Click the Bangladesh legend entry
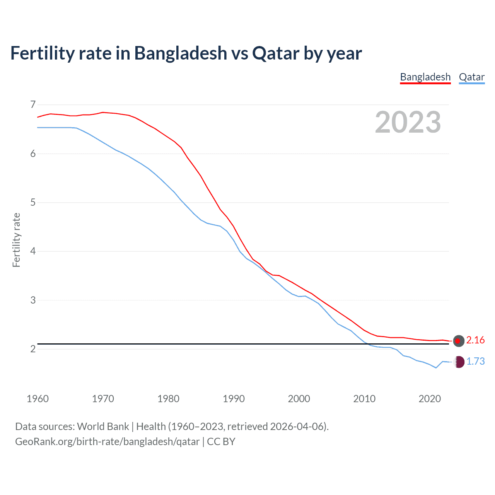425,77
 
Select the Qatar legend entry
471,77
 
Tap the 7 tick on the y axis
32,104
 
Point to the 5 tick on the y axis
32,202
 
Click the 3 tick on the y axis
32,300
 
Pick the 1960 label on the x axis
38,399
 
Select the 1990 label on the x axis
234,399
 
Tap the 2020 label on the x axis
430,399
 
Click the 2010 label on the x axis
364,399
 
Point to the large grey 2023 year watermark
408,122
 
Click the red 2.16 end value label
475,340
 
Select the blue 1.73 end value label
475,361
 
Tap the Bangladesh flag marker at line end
459,341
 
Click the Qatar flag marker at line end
459,362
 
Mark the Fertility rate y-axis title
16,240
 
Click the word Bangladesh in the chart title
181,53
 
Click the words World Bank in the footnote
103,427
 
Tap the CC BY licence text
221,442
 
